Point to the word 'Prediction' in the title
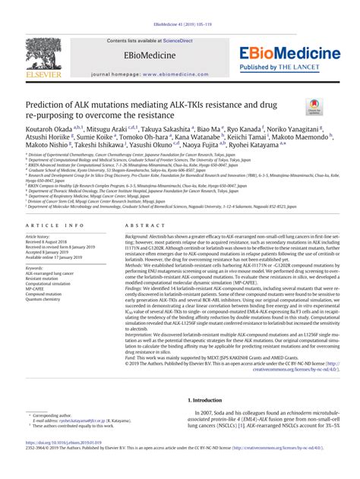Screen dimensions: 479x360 click(x=49, y=104)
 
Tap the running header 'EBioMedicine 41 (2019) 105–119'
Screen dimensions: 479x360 click(x=179, y=25)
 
